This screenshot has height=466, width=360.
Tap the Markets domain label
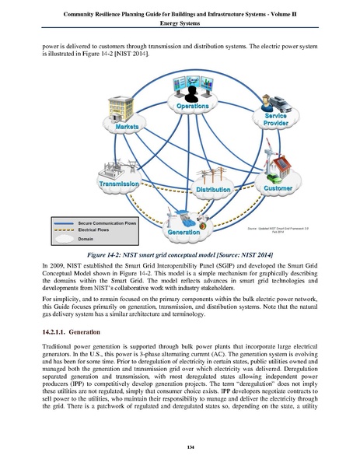pyautogui.click(x=127, y=125)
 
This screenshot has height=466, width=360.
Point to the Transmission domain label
pyautogui.click(x=119, y=183)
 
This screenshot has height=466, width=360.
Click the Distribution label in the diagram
pyautogui.click(x=212, y=190)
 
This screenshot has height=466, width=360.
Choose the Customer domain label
pyautogui.click(x=278, y=188)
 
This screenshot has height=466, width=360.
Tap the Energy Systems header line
pyautogui.click(x=180, y=23)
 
